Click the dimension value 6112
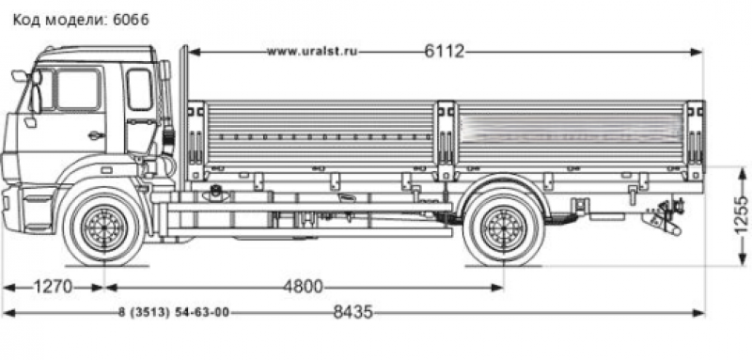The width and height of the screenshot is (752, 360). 444,51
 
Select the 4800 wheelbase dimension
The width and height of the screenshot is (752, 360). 302,287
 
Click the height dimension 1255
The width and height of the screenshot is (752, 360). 741,216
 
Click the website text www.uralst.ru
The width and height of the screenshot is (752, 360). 315,51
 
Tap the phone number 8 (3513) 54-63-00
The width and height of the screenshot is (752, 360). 175,313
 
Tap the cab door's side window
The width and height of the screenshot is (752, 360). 77,90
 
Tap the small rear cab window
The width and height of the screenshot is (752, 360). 139,89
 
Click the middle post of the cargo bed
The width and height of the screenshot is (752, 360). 445,136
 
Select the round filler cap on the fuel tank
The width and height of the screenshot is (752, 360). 217,193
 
